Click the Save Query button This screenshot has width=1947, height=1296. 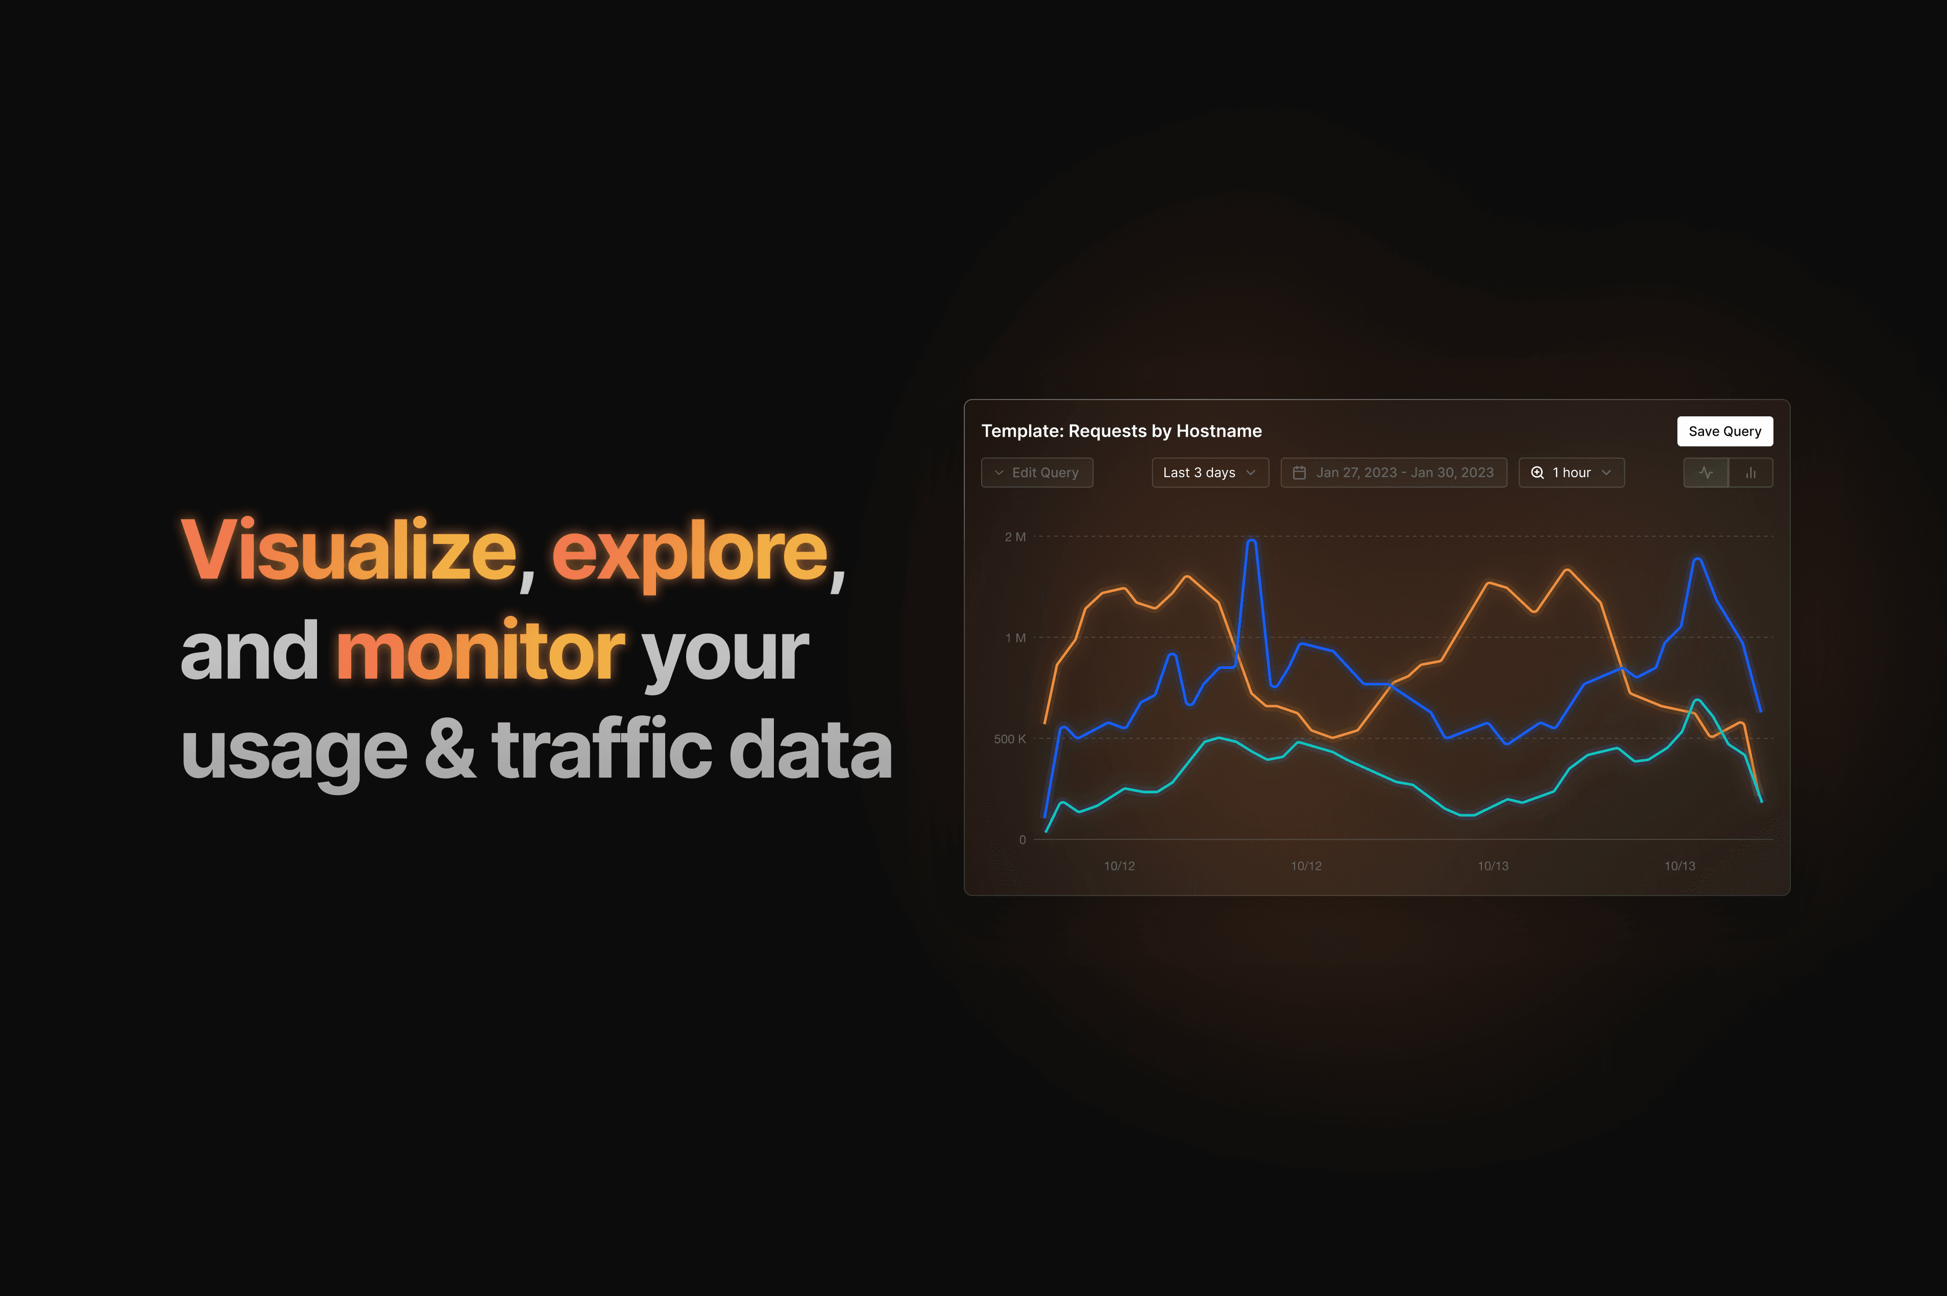tap(1724, 431)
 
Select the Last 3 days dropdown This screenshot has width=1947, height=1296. tap(1209, 472)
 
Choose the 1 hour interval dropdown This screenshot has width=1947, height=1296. tap(1571, 472)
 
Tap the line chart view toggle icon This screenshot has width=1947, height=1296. tap(1706, 472)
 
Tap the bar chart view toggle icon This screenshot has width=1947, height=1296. tap(1750, 472)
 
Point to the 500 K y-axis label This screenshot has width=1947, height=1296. tap(1009, 738)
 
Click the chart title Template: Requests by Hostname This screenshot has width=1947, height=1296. tap(1121, 431)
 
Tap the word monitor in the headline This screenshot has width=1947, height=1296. tap(479, 651)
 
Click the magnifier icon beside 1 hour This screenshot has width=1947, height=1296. tap(1537, 472)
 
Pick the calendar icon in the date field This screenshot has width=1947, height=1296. tap(1299, 472)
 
